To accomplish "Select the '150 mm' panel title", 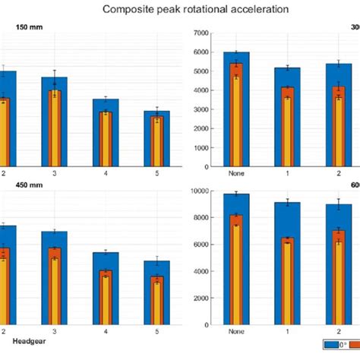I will (29, 28).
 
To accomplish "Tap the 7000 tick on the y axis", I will (201, 33).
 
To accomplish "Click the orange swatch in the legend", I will (353, 344).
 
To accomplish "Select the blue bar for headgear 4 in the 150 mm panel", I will (106, 133).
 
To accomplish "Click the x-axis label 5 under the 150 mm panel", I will (156, 173).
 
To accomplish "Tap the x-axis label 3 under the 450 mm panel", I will (55, 331).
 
